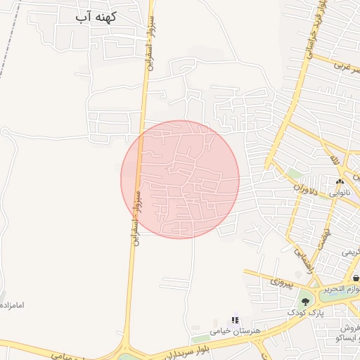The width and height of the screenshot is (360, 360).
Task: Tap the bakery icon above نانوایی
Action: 341,181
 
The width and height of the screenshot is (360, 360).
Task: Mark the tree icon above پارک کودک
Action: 305,301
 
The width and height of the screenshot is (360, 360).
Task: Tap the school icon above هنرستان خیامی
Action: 235,320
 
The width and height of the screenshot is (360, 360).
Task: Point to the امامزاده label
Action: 13,305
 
